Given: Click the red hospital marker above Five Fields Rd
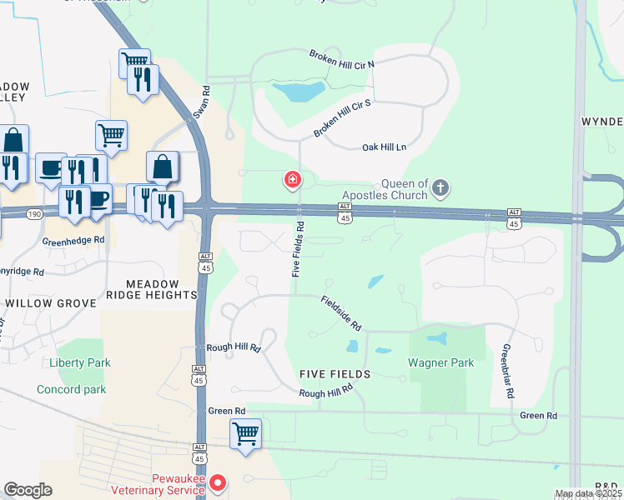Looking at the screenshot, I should click(x=293, y=179).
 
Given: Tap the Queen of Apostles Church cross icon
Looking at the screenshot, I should click(x=440, y=188).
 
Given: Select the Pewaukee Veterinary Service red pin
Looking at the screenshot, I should click(x=218, y=482).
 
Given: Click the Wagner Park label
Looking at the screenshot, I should click(x=440, y=362).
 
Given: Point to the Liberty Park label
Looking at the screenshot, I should click(x=79, y=363).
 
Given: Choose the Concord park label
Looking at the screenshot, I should click(x=71, y=389).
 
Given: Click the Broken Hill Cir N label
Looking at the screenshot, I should click(x=342, y=59).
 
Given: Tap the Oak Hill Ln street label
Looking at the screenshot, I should click(x=383, y=147).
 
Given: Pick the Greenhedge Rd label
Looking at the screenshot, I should click(x=73, y=240).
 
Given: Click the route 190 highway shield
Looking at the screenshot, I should click(x=33, y=214).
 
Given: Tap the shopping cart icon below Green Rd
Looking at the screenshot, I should click(x=246, y=433).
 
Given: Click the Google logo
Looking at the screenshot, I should click(x=28, y=490).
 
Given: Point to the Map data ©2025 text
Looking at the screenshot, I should click(x=588, y=493).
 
